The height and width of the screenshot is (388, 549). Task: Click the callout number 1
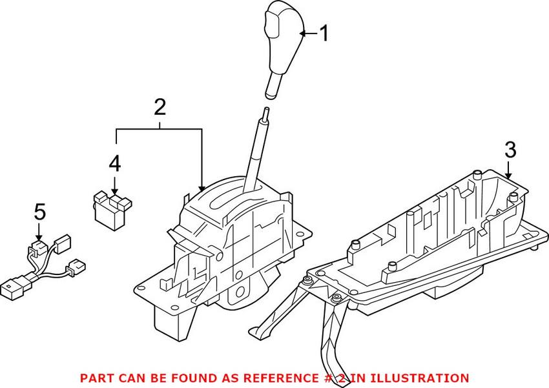pos(325,34)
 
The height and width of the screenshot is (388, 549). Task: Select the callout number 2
pos(160,107)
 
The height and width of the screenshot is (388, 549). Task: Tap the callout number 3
pos(510,149)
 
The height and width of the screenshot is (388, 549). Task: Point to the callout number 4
pos(115,164)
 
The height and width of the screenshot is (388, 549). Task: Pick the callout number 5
pos(40,212)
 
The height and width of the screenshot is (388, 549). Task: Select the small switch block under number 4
pos(112,211)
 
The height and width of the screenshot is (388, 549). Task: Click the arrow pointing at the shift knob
pos(309,34)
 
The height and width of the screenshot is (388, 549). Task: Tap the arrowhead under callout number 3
pos(508,176)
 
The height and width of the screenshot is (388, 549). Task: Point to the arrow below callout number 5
pos(39,232)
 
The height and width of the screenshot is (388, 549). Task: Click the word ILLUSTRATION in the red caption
pos(409,378)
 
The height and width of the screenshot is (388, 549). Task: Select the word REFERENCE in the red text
pos(280,378)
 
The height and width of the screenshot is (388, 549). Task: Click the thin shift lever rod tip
pos(267,110)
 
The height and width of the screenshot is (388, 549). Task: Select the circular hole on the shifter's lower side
pos(240,291)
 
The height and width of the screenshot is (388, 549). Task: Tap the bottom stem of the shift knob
pos(274,84)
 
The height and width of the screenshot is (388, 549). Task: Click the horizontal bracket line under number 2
pos(160,129)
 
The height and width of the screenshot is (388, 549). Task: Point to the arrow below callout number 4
pos(115,185)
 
